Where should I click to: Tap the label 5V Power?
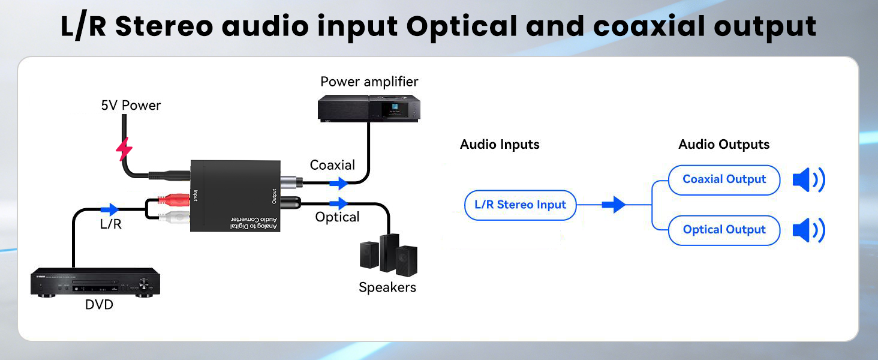tap(131, 106)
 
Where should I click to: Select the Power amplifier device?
tap(368, 109)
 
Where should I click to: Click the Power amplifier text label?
tap(369, 82)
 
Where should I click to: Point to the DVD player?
tap(95, 282)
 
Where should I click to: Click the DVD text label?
tap(99, 305)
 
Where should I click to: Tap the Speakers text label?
tap(387, 287)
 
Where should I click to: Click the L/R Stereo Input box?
tap(520, 205)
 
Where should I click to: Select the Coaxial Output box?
tap(724, 179)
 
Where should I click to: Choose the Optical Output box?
tap(724, 230)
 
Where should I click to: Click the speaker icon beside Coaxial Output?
tap(808, 179)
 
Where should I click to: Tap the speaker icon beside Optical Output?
tap(808, 230)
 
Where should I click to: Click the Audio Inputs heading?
tap(500, 145)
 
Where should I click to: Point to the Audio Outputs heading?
tap(723, 145)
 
